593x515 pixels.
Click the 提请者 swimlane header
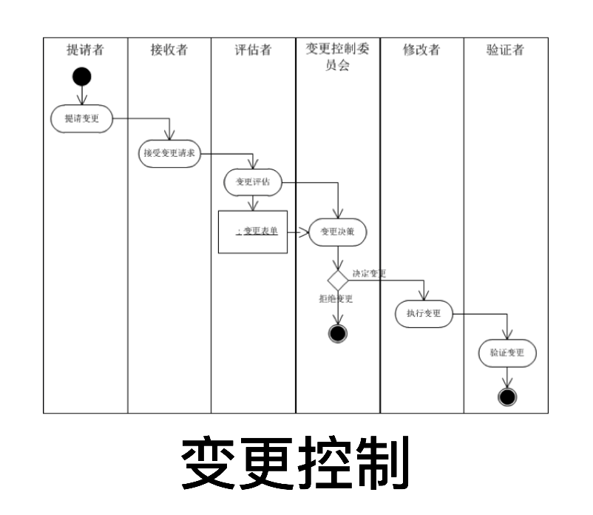click(85, 50)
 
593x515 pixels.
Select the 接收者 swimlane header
click(169, 50)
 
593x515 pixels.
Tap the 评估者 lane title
click(253, 50)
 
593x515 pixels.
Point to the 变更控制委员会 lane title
click(337, 57)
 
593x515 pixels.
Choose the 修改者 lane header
click(421, 50)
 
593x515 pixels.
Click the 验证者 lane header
click(506, 50)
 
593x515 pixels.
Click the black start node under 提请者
click(82, 76)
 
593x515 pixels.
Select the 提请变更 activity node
click(82, 118)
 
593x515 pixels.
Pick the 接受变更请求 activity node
click(169, 154)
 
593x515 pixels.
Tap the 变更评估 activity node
click(253, 182)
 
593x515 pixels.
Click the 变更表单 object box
click(253, 232)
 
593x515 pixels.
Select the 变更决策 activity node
click(337, 232)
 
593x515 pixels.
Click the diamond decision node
click(338, 280)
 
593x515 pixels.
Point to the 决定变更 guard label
click(370, 273)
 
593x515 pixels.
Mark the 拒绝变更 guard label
click(336, 298)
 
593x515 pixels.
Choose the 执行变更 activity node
click(424, 313)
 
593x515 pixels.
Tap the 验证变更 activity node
click(507, 353)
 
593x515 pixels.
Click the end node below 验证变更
click(507, 397)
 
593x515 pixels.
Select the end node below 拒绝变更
click(338, 334)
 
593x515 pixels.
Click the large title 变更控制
click(296, 464)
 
